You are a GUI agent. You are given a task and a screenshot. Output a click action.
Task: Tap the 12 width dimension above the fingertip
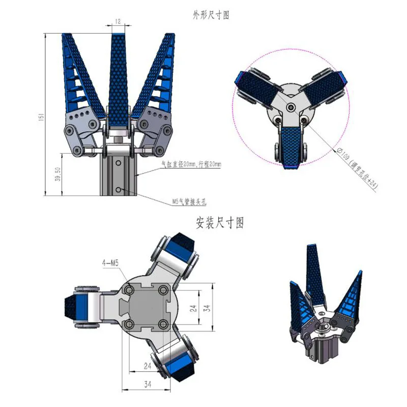118,21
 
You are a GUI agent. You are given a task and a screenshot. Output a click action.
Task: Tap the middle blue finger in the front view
118,81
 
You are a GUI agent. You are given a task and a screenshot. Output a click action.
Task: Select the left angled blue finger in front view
81,76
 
